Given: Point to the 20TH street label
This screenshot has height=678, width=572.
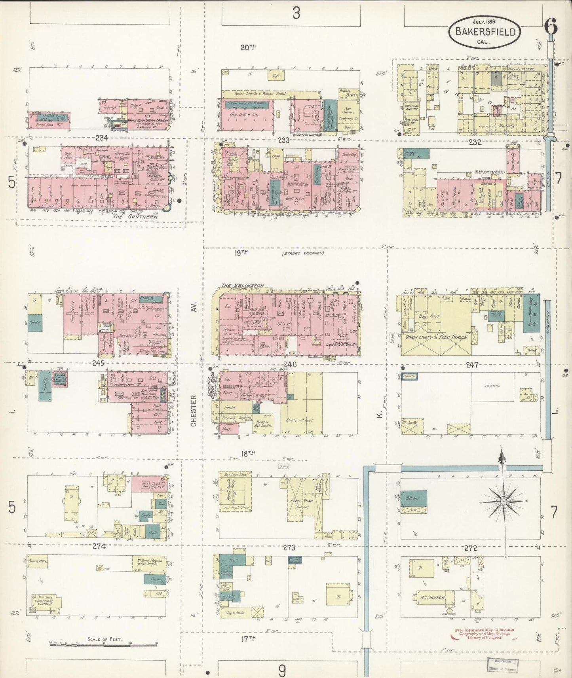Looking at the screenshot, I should click(248, 47).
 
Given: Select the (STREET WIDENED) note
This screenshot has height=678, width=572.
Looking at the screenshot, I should click(303, 253).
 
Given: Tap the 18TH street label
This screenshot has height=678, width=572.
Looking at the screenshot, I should click(248, 454).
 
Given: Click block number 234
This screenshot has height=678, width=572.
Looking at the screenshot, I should click(102, 138).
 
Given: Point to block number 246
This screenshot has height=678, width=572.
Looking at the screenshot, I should click(290, 365).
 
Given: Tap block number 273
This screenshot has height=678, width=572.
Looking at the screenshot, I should click(289, 548).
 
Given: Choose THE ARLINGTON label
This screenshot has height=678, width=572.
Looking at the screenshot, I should click(248, 286).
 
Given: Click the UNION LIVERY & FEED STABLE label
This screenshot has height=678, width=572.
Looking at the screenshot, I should click(435, 337).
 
